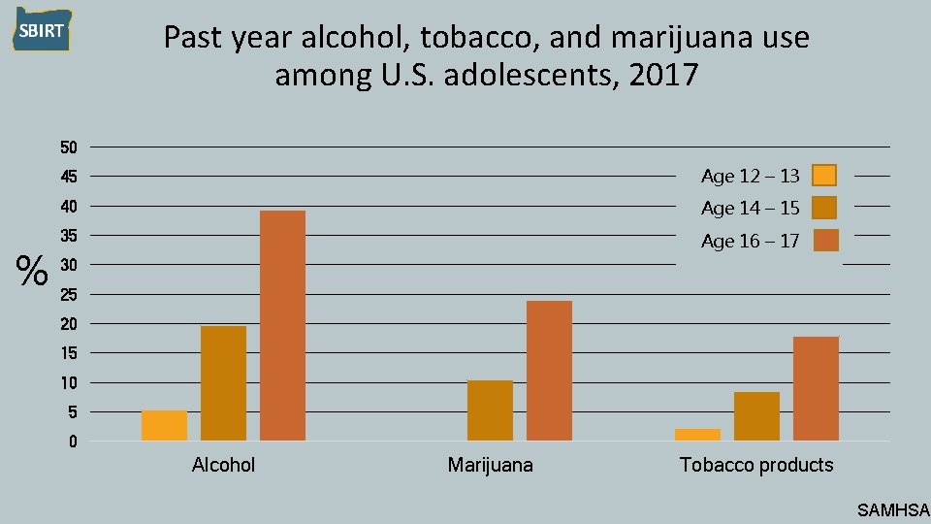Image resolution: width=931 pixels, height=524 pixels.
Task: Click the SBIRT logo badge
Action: coord(41,30)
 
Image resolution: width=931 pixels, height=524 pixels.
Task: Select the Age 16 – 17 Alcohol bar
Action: coord(282,325)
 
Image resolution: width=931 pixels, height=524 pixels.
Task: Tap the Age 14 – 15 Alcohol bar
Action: coord(223,383)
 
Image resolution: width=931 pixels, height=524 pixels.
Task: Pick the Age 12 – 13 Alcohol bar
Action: coord(164,425)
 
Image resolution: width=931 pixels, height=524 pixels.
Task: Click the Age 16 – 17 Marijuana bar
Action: coord(549,371)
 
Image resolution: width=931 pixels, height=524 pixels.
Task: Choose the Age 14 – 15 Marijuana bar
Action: coord(490,410)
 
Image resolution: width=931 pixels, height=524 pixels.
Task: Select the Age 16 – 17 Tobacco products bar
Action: coord(816,388)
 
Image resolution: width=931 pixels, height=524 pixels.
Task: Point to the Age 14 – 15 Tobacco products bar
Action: coord(756,416)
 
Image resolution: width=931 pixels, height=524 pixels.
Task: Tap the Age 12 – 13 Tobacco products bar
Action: coord(697,435)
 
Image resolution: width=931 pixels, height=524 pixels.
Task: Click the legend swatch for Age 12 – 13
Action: coord(824,176)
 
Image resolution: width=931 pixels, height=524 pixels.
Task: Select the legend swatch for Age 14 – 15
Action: coord(824,208)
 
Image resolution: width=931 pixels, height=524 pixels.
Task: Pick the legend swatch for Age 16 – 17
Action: coord(825,241)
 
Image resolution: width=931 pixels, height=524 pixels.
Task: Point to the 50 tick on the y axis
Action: coord(68,147)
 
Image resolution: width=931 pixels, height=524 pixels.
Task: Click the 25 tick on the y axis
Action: coord(68,294)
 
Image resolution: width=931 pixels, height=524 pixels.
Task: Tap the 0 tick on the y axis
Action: coord(72,442)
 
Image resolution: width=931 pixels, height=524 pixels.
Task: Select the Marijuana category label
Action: coord(490,466)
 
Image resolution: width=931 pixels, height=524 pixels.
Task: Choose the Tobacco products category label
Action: coord(756,466)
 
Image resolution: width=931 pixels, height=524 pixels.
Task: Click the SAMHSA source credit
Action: coord(893,509)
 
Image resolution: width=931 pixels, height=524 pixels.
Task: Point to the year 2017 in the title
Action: coord(663,75)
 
